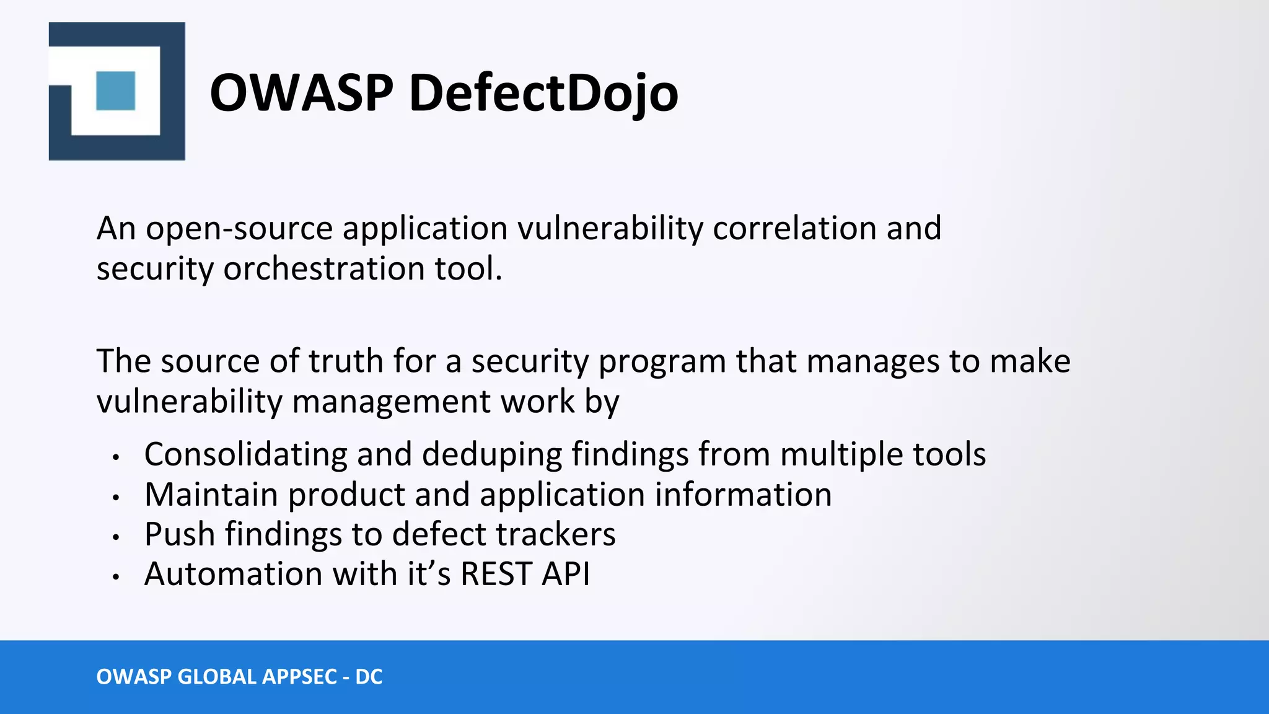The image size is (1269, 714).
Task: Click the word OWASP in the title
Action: (301, 93)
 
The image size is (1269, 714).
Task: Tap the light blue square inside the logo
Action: (116, 91)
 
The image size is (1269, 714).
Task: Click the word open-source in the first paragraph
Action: (239, 229)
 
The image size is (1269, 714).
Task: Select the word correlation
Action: (794, 228)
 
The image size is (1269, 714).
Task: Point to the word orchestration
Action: (323, 269)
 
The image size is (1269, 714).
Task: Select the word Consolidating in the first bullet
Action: (245, 454)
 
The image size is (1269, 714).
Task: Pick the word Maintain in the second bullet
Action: (211, 495)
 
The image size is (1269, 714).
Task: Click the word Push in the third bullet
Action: (179, 534)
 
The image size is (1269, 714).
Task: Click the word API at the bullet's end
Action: (566, 574)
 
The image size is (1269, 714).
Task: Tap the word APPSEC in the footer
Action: (300, 677)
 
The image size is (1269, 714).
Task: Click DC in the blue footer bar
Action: (369, 677)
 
